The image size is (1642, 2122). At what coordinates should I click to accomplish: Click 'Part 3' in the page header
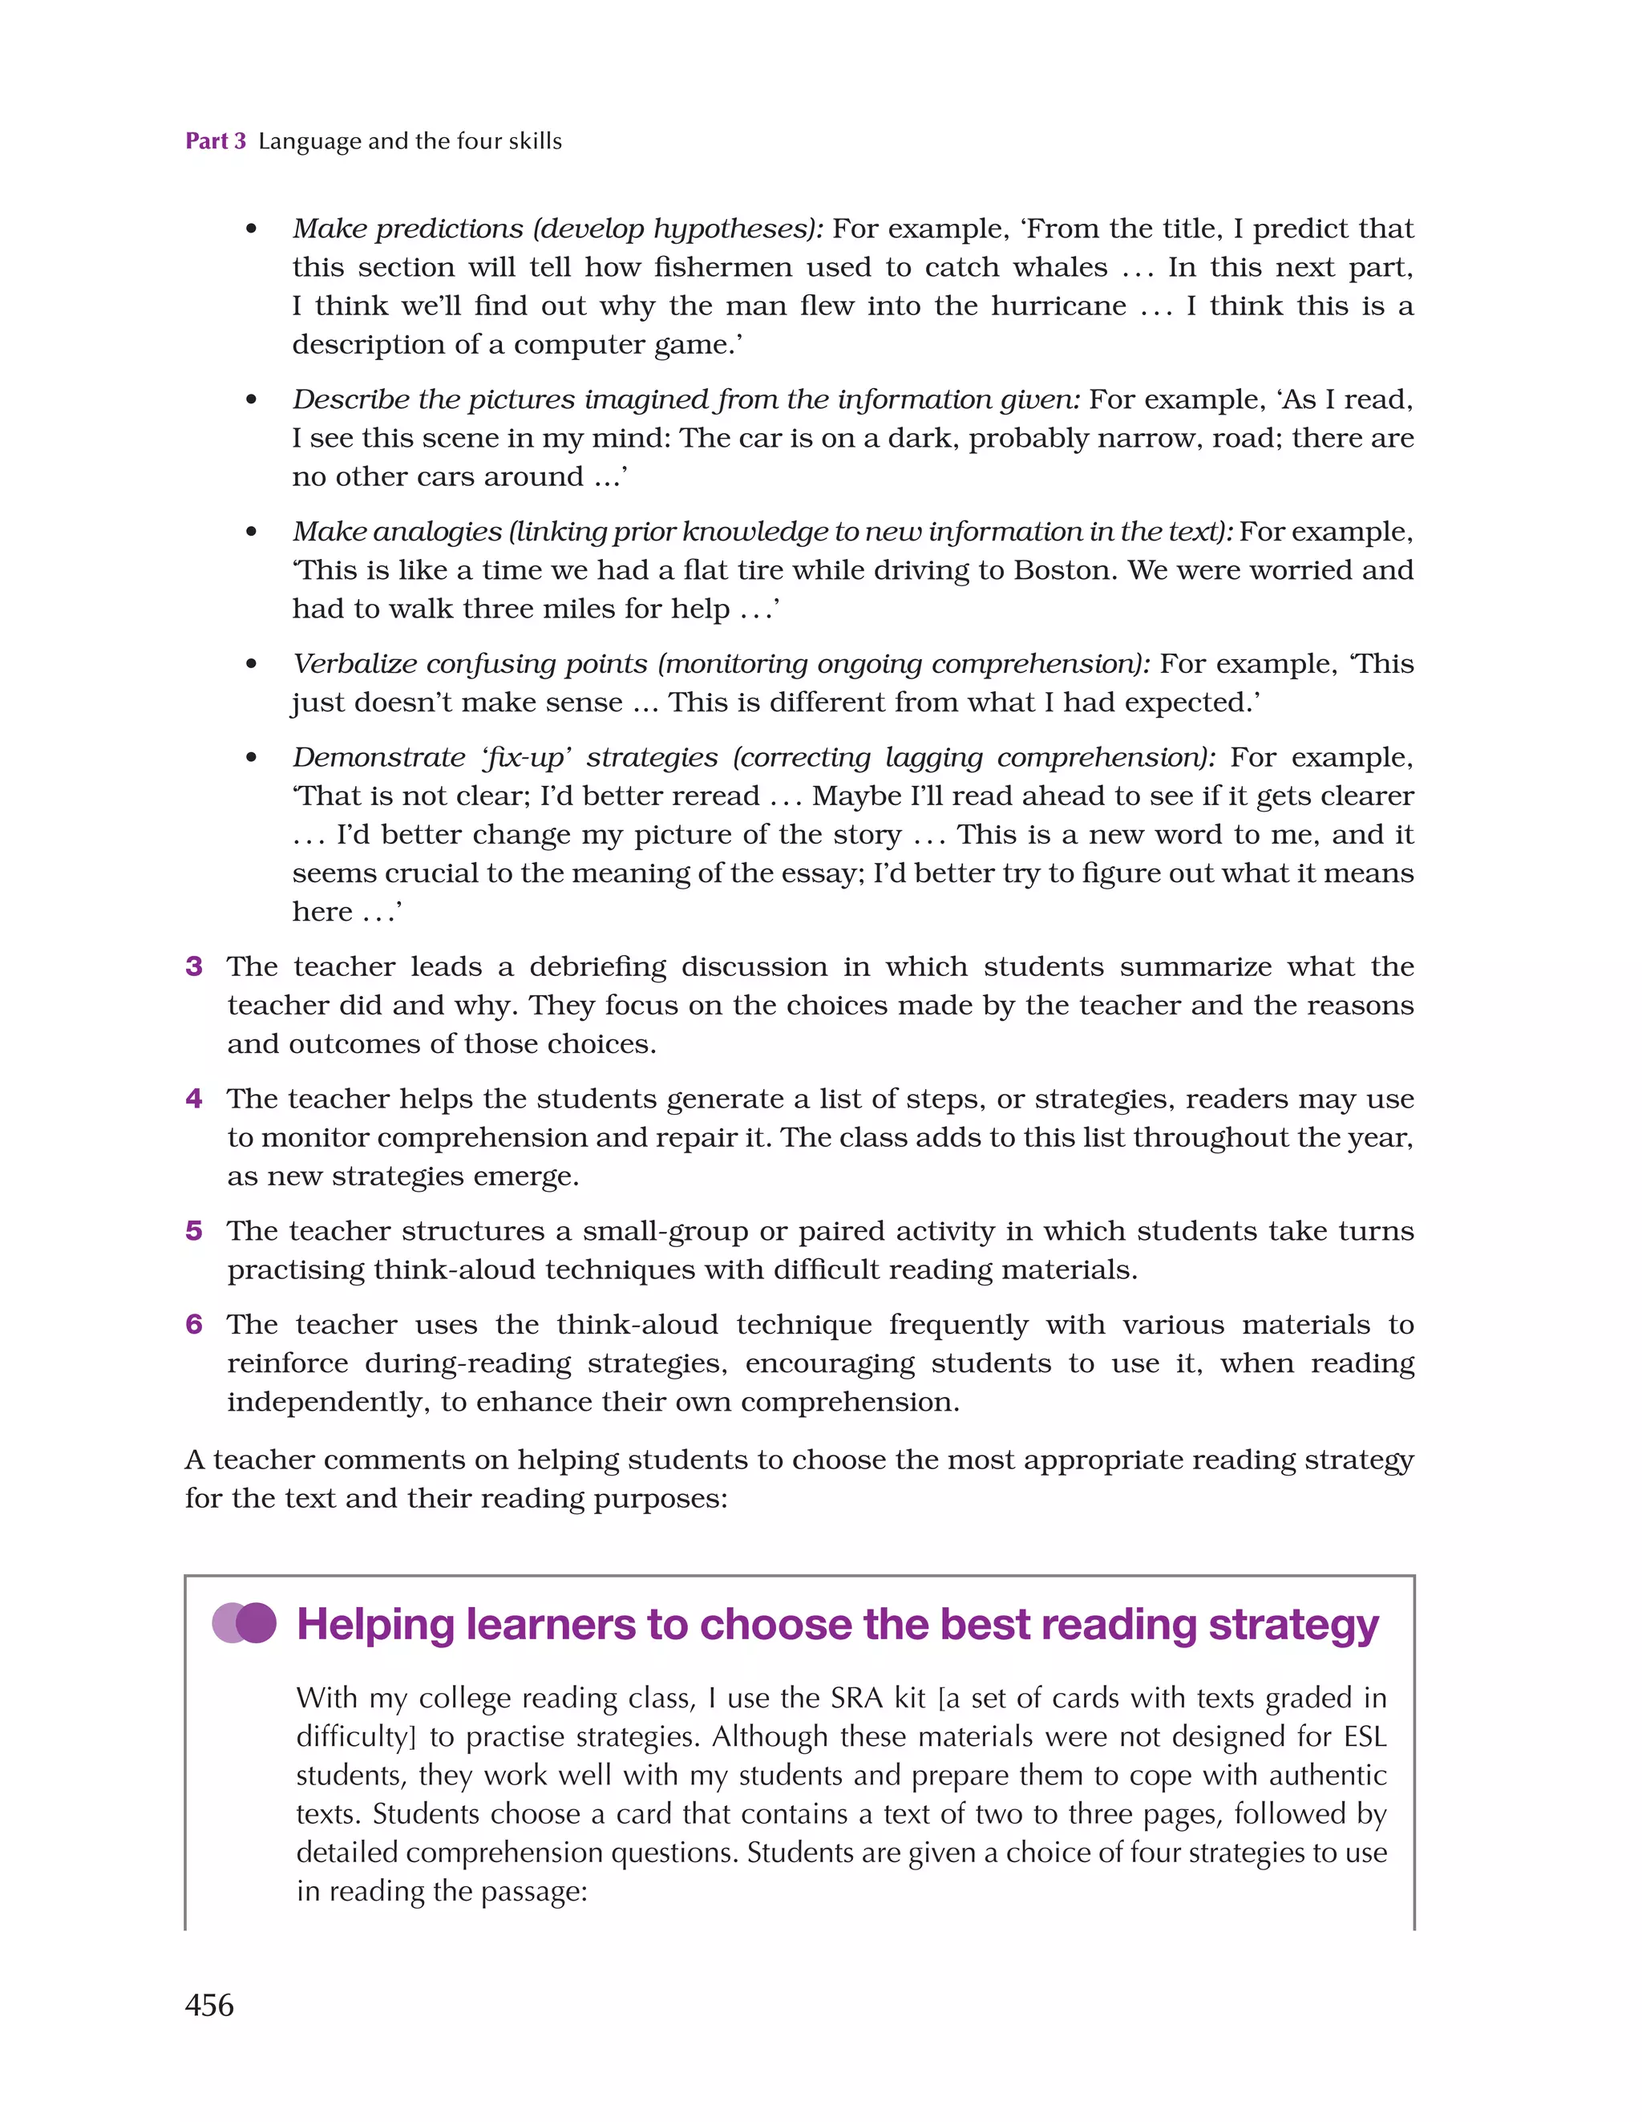[216, 141]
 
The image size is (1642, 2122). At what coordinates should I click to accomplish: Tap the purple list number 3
[194, 966]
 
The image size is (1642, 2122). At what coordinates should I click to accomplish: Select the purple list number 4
[194, 1098]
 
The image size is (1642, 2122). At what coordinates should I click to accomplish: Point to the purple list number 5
[194, 1230]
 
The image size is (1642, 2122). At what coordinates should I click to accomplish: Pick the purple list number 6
[194, 1323]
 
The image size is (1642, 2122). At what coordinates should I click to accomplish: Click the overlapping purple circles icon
[244, 1622]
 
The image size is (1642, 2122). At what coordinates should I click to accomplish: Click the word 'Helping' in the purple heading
[375, 1625]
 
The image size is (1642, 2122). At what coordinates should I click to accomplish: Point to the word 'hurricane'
[1058, 306]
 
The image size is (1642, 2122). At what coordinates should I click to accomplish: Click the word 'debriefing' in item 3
[597, 966]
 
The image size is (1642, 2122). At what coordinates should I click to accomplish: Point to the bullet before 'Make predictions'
[252, 229]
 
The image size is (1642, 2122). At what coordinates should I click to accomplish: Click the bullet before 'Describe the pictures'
[252, 400]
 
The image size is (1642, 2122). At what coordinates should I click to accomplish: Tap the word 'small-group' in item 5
[665, 1231]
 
